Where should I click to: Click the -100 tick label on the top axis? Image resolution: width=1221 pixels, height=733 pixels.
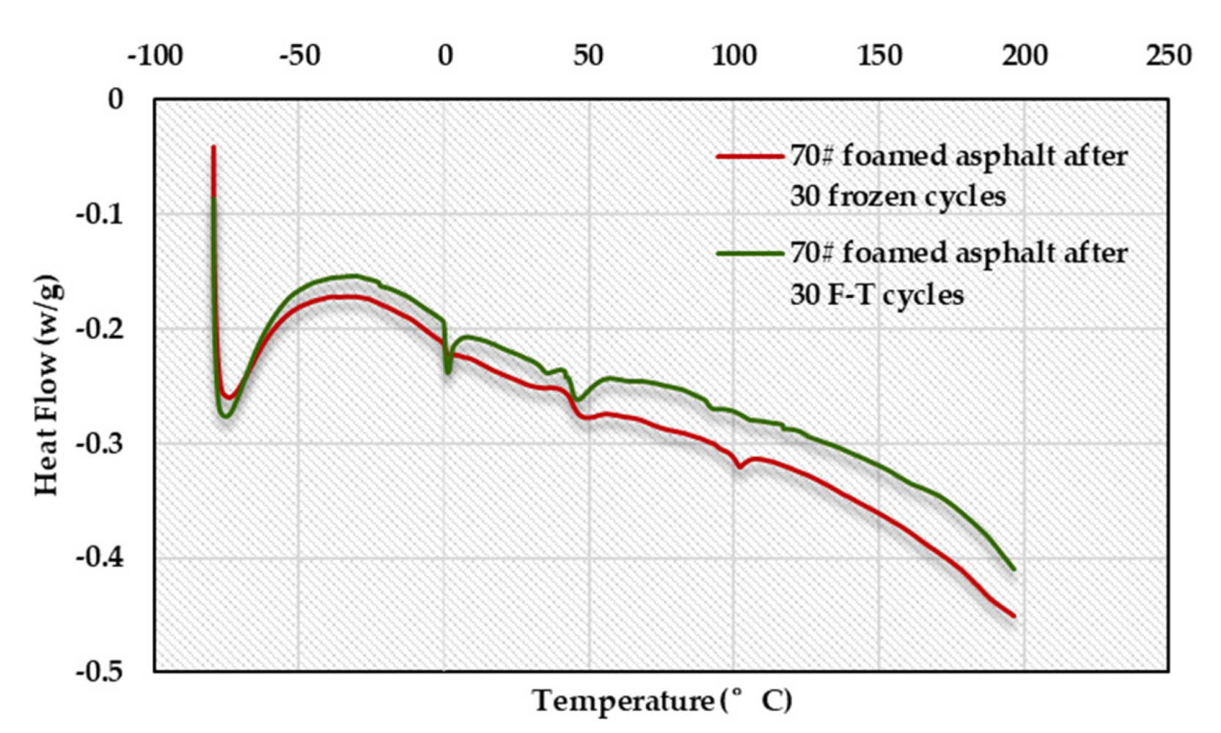pyautogui.click(x=155, y=56)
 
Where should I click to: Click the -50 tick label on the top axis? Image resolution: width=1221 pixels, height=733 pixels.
pyautogui.click(x=299, y=56)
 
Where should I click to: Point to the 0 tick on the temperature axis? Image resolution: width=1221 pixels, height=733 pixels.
pyautogui.click(x=445, y=56)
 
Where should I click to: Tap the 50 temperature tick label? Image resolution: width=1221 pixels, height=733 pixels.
pyautogui.click(x=588, y=56)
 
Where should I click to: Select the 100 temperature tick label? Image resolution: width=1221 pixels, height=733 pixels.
pyautogui.click(x=734, y=56)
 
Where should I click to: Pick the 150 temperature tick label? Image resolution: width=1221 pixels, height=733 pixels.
pyautogui.click(x=879, y=56)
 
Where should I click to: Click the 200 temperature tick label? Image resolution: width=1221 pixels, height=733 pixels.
pyautogui.click(x=1024, y=56)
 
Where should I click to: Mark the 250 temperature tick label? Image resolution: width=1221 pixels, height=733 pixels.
pyautogui.click(x=1169, y=56)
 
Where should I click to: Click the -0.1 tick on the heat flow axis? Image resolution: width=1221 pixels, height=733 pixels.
pyautogui.click(x=100, y=214)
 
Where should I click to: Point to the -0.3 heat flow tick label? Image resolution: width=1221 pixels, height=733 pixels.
pyautogui.click(x=100, y=444)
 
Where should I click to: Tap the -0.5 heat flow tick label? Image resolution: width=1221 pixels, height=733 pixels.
pyautogui.click(x=100, y=671)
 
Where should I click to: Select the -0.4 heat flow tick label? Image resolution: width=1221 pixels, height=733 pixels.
pyautogui.click(x=100, y=558)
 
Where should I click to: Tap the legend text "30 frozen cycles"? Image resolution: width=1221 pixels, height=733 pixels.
pyautogui.click(x=898, y=197)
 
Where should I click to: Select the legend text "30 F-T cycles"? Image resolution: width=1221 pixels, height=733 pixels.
pyautogui.click(x=876, y=295)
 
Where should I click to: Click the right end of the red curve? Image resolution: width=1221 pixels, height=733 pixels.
pyautogui.click(x=1014, y=616)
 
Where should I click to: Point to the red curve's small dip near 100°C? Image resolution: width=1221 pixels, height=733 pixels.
pyautogui.click(x=740, y=467)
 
